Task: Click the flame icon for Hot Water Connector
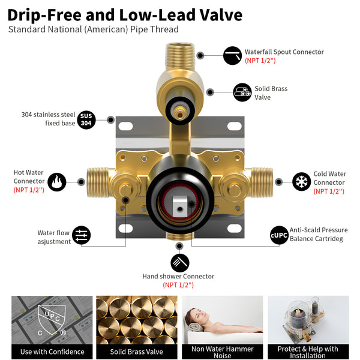(57, 182)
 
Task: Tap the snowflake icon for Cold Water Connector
(301, 182)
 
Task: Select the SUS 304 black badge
(86, 120)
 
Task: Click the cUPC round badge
(279, 235)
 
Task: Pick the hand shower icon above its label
(180, 263)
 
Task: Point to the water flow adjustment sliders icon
(81, 235)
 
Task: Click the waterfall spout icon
(232, 56)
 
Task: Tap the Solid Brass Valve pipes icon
(242, 92)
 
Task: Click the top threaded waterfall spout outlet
(180, 56)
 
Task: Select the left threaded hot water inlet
(98, 182)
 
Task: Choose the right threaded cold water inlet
(262, 182)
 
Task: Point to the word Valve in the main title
(221, 15)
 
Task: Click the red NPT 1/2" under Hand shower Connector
(178, 285)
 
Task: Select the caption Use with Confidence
(52, 352)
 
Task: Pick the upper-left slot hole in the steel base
(125, 126)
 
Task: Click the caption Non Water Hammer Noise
(222, 352)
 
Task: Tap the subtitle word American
(106, 29)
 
